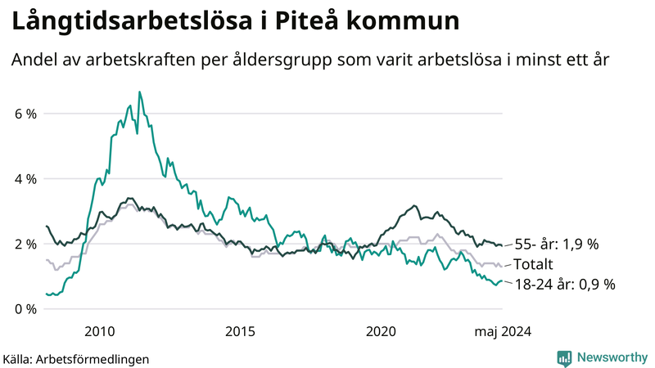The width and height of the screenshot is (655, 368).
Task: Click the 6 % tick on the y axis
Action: pos(25,114)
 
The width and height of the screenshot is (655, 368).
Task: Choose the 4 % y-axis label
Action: pos(25,178)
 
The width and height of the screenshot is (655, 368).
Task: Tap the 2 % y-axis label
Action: pos(25,244)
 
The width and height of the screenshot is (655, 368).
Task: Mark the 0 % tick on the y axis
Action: pos(25,309)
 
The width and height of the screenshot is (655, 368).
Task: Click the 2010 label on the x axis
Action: pos(99,331)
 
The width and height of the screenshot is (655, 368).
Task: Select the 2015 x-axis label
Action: pos(240,331)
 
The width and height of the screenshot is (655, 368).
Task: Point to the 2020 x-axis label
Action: pos(381,331)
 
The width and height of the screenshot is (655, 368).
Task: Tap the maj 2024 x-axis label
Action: pos(502,331)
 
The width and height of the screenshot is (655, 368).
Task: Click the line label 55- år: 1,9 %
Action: pos(556,244)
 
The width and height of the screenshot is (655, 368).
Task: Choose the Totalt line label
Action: pos(534,264)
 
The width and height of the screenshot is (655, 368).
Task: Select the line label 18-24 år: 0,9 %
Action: pos(564,285)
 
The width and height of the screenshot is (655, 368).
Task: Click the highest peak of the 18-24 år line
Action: pos(139,92)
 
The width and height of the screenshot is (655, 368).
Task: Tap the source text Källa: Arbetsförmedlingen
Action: pos(76,358)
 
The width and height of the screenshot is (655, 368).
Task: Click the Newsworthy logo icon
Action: pos(564,357)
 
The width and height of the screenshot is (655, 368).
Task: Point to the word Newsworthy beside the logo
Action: pos(612,357)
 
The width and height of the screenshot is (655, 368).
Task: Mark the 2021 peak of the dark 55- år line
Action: pos(415,205)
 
